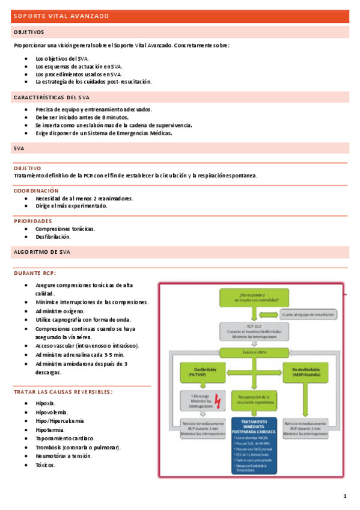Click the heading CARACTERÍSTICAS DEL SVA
pyautogui.click(x=52, y=97)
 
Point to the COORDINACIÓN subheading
pyautogui.click(x=36, y=190)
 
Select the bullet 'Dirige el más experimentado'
pyautogui.click(x=72, y=206)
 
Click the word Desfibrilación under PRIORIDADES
pyautogui.click(x=53, y=236)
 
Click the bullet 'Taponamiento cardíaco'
pyautogui.click(x=64, y=438)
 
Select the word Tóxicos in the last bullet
pyautogui.click(x=46, y=465)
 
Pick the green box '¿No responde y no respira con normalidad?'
pyautogui.click(x=254, y=298)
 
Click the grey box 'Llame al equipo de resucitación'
pyautogui.click(x=308, y=314)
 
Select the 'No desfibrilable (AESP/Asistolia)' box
pyautogui.click(x=307, y=372)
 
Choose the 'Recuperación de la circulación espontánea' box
pyautogui.click(x=254, y=399)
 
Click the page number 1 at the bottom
pyautogui.click(x=344, y=496)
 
